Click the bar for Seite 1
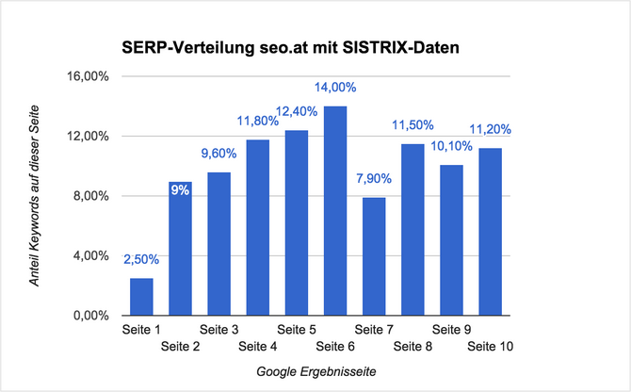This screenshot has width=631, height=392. click(141, 297)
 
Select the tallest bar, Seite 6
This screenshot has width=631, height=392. click(335, 211)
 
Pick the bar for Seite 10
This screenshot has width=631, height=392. click(490, 232)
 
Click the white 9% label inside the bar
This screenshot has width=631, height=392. click(180, 189)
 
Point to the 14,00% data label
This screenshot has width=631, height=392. click(335, 88)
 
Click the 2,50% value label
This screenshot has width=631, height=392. click(141, 260)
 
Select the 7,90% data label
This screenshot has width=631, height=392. click(374, 179)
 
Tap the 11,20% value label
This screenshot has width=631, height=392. click(490, 130)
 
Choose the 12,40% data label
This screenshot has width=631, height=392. click(297, 112)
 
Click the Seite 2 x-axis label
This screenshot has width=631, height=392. click(181, 347)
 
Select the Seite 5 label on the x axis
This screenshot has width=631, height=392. click(297, 330)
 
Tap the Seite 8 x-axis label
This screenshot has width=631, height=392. click(413, 347)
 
